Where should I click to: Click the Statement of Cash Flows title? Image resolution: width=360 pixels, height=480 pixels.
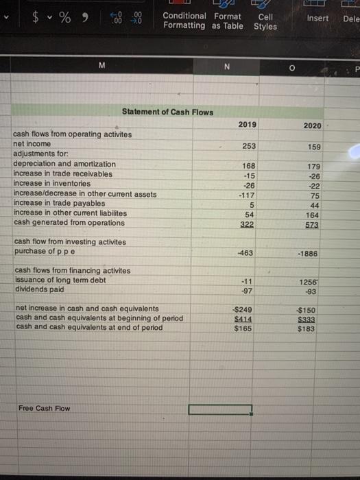pos(167,112)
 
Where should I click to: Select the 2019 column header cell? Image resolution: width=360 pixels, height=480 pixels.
pos(248,124)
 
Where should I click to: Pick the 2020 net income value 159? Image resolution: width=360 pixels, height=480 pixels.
pos(313,146)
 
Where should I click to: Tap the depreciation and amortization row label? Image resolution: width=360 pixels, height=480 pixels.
pos(64,164)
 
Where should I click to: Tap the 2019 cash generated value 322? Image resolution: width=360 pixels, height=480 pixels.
pos(248,224)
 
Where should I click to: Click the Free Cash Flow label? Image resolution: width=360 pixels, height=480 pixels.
pos(45,409)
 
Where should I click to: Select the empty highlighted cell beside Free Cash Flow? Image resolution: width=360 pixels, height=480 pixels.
pos(221,409)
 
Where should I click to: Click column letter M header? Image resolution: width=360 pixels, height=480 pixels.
pos(101,65)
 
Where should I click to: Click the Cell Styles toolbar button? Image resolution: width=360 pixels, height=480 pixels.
pos(265,21)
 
